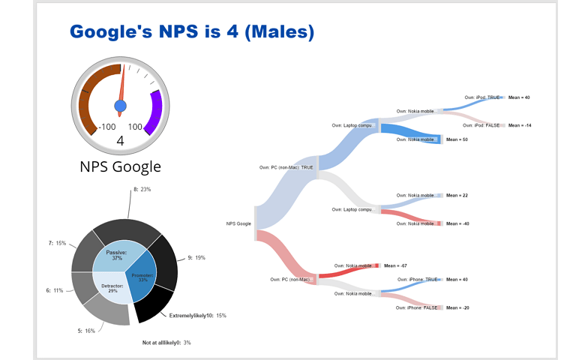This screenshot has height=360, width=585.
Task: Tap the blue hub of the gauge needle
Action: pos(120,105)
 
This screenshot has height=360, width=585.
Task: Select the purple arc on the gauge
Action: pos(155,112)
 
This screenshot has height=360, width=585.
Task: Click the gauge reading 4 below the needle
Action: pos(120,140)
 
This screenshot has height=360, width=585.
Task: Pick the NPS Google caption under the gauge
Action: pos(120,166)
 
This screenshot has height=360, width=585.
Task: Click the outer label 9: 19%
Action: pos(195,257)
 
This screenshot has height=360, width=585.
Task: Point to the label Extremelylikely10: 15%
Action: pos(197,316)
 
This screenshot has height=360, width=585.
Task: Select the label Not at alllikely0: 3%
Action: pos(166,343)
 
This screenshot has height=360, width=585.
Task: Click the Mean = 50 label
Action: pos(457,139)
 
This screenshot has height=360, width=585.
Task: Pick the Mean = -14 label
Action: pos(520,125)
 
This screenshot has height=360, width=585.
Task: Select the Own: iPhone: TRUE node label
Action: pos(424,280)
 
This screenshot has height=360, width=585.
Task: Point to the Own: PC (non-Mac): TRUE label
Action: pos(286,167)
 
